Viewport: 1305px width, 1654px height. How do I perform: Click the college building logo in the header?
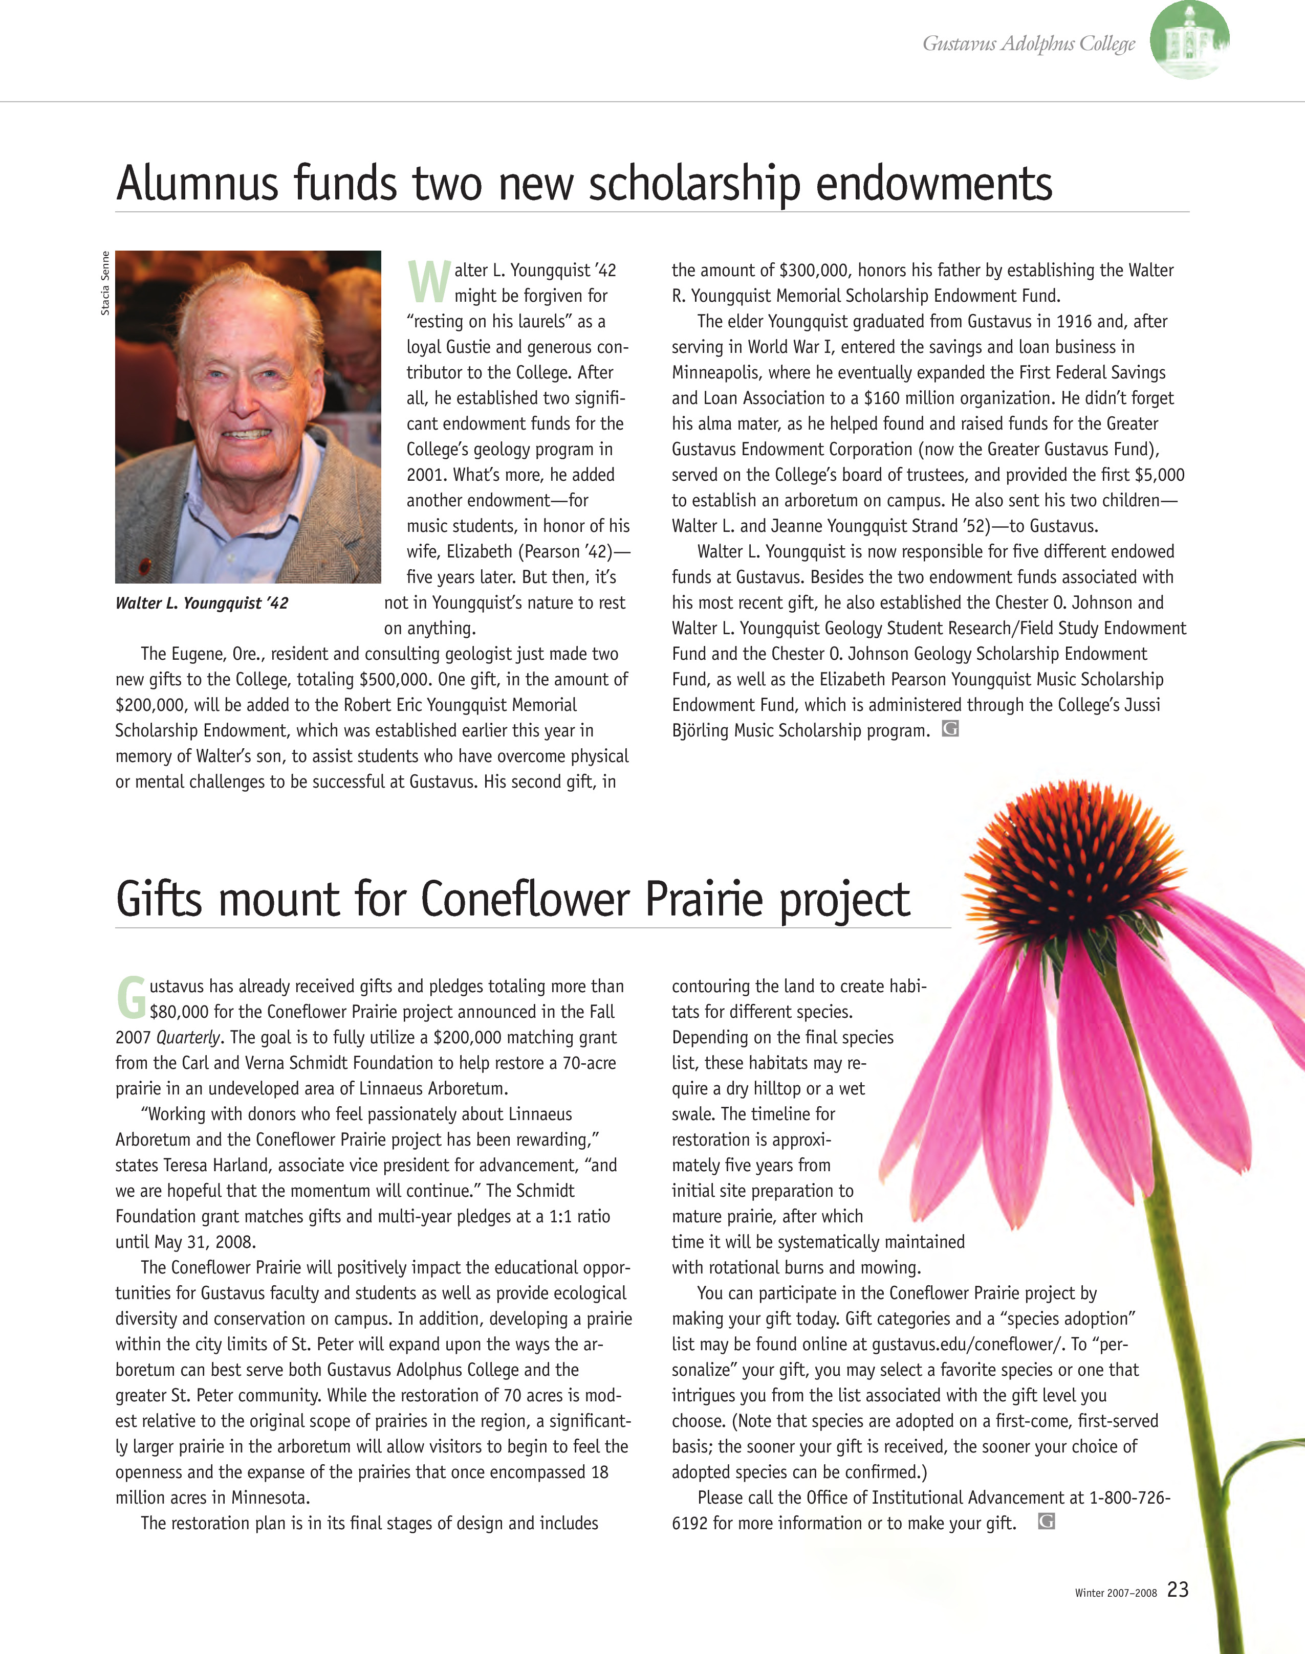[1189, 40]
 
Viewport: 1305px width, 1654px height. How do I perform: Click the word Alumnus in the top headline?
[197, 184]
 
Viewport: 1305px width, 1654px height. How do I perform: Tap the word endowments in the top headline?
[933, 184]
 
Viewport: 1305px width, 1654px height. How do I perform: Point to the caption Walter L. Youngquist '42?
[202, 604]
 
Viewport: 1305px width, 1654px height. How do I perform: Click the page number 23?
[1178, 1589]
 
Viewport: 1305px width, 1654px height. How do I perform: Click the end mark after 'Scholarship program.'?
[950, 729]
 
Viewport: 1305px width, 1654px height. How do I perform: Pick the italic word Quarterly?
[188, 1038]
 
